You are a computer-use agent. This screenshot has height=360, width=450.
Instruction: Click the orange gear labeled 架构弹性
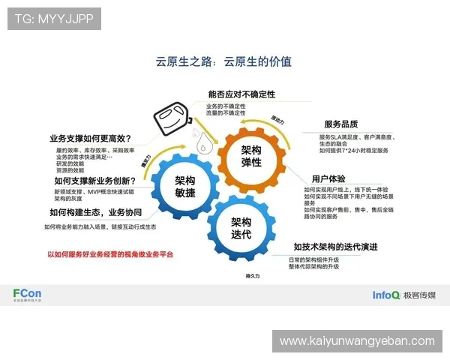click(251, 156)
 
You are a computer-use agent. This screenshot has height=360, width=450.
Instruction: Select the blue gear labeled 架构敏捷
click(185, 187)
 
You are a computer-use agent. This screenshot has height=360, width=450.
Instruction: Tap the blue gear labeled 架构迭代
click(241, 228)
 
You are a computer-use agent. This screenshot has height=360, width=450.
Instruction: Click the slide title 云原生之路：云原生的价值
click(223, 61)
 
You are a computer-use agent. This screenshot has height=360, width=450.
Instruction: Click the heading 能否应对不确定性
click(242, 95)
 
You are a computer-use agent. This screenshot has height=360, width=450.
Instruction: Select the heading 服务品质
click(340, 124)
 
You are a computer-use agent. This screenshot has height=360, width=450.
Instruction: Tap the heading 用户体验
click(328, 178)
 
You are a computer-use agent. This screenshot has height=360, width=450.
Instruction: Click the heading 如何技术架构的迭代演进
click(335, 247)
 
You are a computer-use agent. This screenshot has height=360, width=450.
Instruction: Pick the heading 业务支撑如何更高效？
click(91, 138)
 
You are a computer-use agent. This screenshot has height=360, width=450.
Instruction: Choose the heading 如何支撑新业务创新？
click(94, 181)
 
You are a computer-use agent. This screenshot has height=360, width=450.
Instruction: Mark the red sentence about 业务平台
click(110, 254)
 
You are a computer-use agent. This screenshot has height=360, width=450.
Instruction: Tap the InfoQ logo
click(385, 295)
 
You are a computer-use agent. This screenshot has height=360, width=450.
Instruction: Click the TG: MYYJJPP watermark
click(55, 18)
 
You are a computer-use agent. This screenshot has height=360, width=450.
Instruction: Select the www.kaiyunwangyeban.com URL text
click(356, 341)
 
